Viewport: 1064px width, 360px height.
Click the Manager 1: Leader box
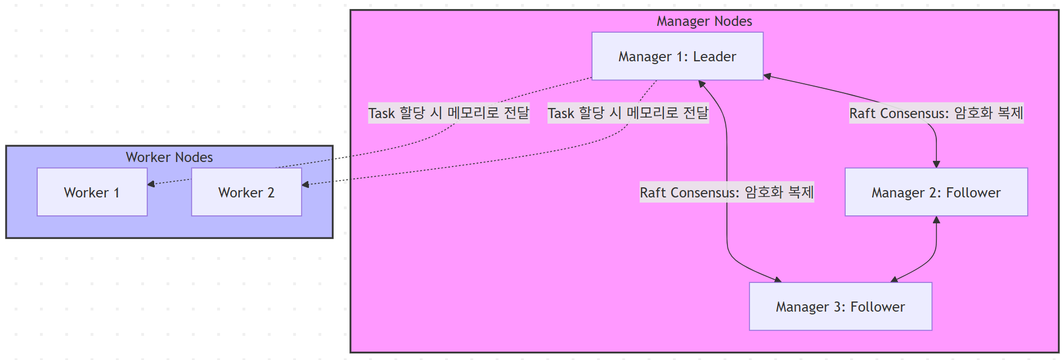tap(677, 56)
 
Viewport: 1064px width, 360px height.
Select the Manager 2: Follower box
tap(936, 192)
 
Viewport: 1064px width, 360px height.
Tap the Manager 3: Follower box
tap(840, 307)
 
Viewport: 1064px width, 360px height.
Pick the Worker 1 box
tap(92, 192)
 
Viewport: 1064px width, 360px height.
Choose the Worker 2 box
tap(246, 192)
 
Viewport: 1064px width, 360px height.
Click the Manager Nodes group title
tap(704, 21)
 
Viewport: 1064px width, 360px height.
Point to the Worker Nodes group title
tap(169, 157)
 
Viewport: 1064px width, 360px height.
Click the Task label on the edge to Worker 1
tap(448, 113)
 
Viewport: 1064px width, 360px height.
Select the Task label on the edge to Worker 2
tap(628, 113)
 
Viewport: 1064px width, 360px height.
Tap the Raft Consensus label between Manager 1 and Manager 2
tap(936, 113)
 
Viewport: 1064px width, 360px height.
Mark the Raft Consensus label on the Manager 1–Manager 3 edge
tap(726, 192)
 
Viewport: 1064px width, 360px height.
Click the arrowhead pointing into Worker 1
tap(151, 184)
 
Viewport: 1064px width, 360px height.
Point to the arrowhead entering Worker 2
tap(305, 184)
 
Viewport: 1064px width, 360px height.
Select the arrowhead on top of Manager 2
tap(936, 164)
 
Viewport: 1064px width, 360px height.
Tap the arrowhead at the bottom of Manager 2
tap(936, 220)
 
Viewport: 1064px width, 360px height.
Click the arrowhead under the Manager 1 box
tap(702, 84)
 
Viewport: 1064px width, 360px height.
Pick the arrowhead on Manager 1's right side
tap(767, 76)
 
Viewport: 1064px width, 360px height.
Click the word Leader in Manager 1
tap(714, 57)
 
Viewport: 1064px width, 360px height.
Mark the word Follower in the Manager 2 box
tap(973, 193)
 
